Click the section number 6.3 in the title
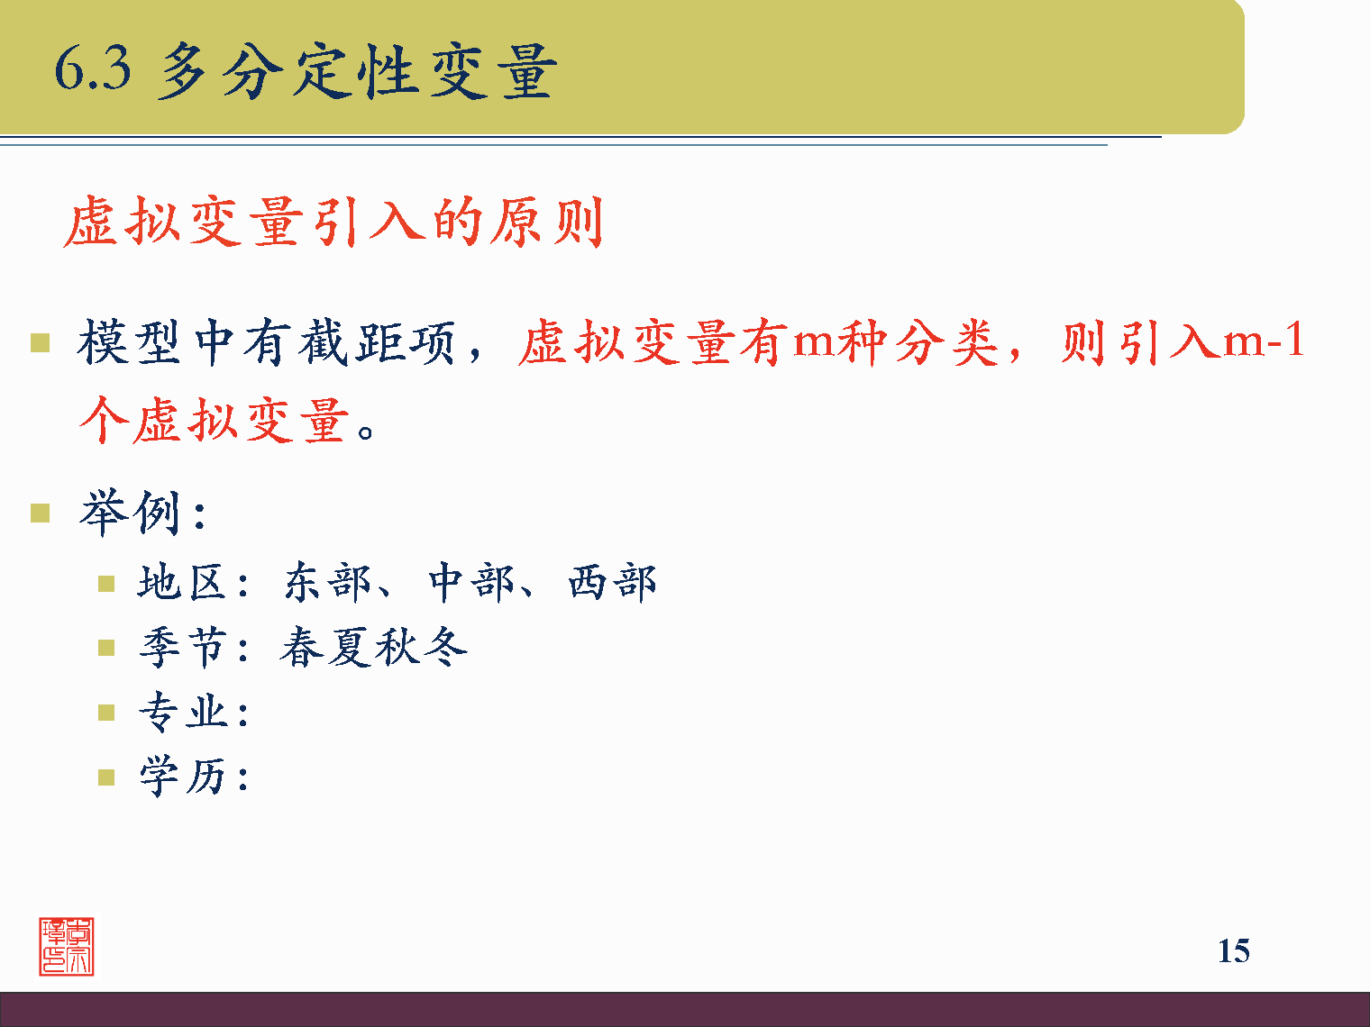pyautogui.click(x=92, y=68)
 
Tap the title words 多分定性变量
pyautogui.click(x=357, y=70)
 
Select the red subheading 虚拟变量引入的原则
pyautogui.click(x=333, y=222)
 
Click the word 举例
pyautogui.click(x=132, y=513)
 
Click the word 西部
pyautogui.click(x=612, y=582)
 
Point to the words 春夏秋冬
pyautogui.click(x=373, y=647)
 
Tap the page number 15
pyautogui.click(x=1233, y=951)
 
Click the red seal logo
pyautogui.click(x=67, y=946)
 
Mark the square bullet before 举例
pyautogui.click(x=40, y=513)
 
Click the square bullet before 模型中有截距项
pyautogui.click(x=40, y=343)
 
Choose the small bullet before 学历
pyautogui.click(x=106, y=777)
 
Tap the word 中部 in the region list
pyautogui.click(x=470, y=582)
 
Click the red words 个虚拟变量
pyautogui.click(x=215, y=421)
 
